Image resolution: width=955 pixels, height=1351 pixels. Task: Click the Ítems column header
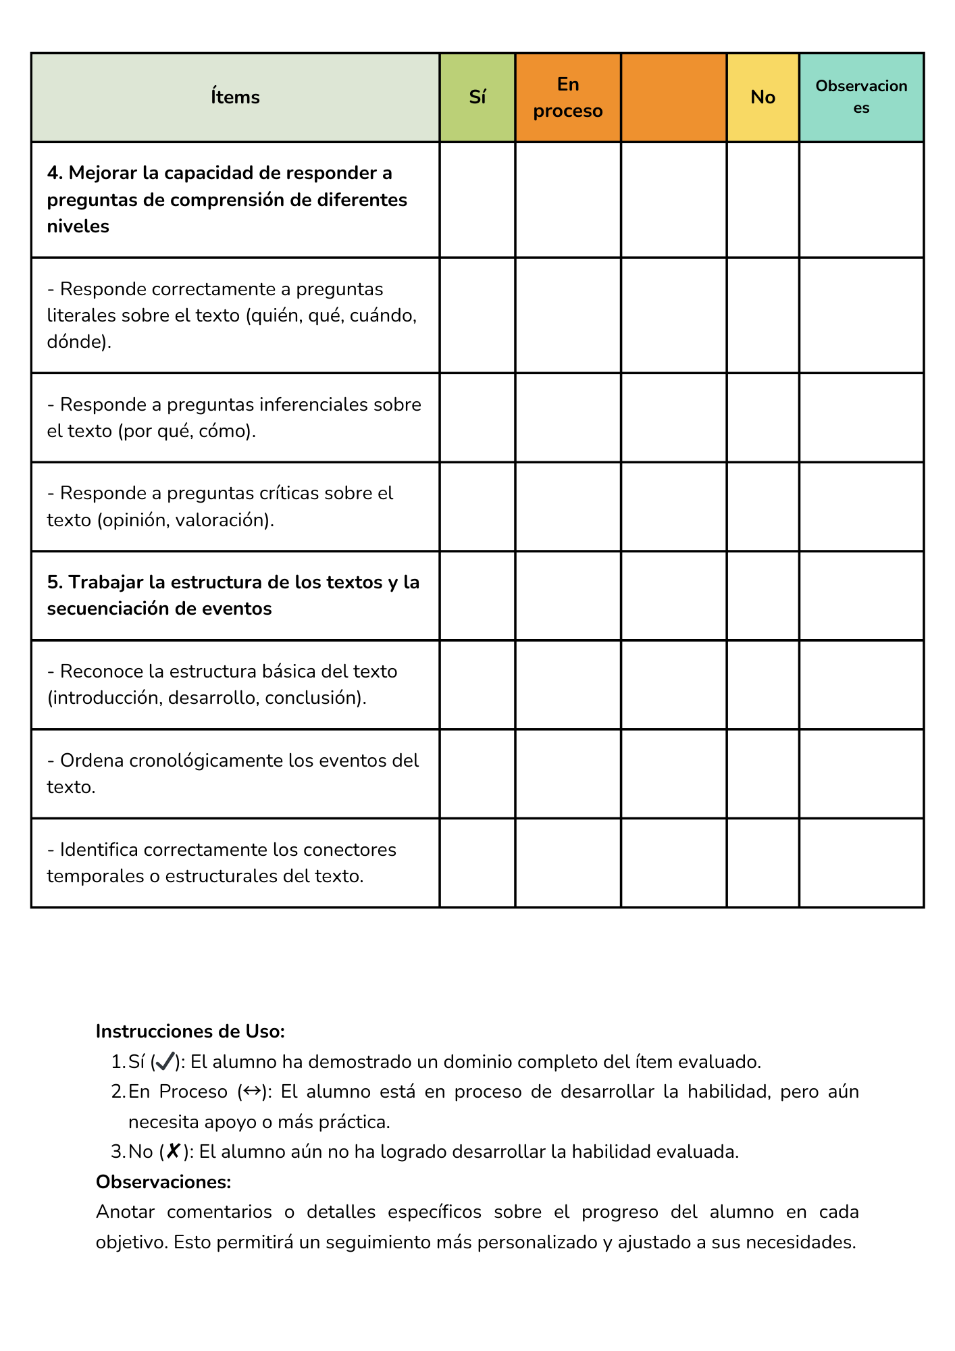coord(235,97)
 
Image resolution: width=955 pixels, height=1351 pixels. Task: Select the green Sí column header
coord(477,97)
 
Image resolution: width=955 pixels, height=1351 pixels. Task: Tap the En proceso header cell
coord(567,97)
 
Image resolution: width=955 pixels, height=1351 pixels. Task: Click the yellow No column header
coord(763,97)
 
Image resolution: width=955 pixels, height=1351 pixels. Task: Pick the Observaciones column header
coord(861,97)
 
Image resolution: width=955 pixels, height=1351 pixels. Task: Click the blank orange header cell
coord(673,97)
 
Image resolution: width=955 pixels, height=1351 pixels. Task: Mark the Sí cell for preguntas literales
coord(477,315)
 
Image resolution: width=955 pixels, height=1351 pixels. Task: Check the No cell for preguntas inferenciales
coord(763,417)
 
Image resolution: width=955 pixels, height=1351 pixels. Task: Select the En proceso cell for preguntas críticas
coord(567,507)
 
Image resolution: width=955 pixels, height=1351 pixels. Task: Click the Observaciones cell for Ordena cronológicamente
coord(861,773)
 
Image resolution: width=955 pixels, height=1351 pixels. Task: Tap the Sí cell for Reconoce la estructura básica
coord(477,684)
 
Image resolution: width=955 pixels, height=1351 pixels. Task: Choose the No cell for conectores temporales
coord(763,863)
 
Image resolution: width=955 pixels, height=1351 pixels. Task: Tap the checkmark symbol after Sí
coord(165,1062)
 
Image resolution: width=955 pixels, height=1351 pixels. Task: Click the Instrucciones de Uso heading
coord(190,1031)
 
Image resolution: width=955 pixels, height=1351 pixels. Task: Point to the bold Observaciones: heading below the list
coord(163,1182)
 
